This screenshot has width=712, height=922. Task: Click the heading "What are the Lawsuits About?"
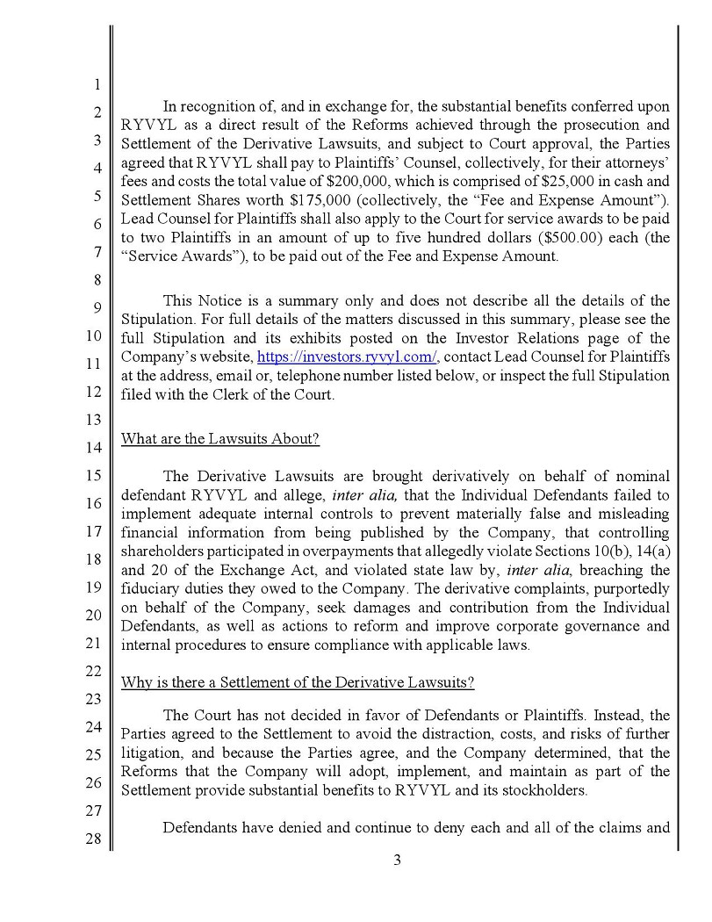(219, 438)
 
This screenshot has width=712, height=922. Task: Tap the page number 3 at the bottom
(397, 860)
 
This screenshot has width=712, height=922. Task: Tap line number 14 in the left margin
(96, 447)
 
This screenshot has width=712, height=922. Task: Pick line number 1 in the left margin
(96, 85)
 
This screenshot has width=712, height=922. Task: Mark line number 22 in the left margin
(96, 670)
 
